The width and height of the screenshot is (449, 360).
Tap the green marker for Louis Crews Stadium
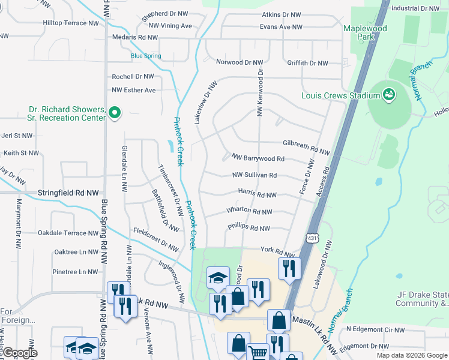click(389, 95)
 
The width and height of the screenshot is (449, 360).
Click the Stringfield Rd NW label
click(68, 193)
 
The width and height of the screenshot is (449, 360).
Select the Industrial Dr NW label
click(415, 8)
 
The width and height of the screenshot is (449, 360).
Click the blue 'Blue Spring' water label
click(146, 56)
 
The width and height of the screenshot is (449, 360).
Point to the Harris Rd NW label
click(257, 195)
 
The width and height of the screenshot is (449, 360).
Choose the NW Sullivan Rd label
click(254, 175)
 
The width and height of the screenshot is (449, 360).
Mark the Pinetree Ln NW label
click(75, 272)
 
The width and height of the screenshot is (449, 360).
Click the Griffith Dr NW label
click(307, 63)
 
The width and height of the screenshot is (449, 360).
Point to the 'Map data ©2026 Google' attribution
click(412, 355)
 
